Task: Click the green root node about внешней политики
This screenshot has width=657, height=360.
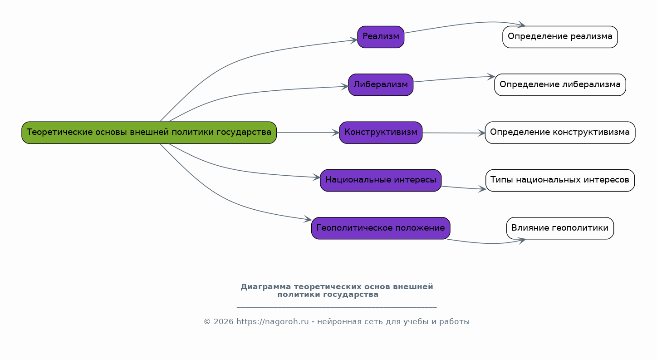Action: coord(149,133)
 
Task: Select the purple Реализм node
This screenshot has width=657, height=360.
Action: coord(381,37)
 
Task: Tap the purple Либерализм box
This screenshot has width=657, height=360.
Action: coord(381,85)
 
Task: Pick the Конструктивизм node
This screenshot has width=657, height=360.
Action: coord(381,133)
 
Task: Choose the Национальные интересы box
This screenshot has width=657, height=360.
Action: coord(381,180)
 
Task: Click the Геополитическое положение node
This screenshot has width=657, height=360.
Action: coord(381,228)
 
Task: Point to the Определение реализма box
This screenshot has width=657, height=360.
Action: coord(560,37)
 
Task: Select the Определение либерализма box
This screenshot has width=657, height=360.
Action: coord(560,85)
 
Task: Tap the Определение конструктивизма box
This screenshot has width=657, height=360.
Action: coord(560,133)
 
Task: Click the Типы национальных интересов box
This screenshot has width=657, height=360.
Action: coord(560,180)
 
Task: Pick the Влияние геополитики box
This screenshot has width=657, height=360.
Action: coord(560,228)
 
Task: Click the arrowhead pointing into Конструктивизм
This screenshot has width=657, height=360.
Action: coord(336,133)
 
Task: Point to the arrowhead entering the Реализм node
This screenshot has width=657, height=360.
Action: coord(354,40)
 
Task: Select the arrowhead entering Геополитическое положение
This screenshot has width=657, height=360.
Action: coord(308,220)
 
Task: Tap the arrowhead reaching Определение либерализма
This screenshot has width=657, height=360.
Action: coord(491,77)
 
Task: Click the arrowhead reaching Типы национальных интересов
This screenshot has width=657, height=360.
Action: coord(482,189)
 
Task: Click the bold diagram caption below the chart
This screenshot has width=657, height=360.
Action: coord(337,291)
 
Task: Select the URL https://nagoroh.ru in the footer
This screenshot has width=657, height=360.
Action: coord(272,322)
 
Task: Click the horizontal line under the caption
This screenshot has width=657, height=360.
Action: coord(337,307)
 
